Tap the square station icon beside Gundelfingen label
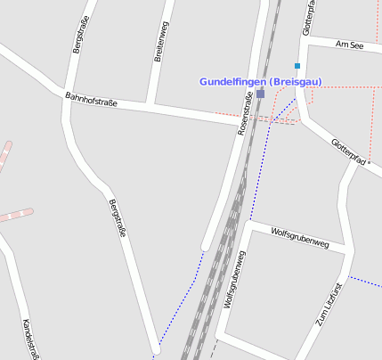260,93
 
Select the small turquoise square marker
297,66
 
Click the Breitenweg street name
162,42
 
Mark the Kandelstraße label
30,340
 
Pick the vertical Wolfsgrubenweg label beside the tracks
235,278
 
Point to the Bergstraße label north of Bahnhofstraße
79,37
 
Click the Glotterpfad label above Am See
308,18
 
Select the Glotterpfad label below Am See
348,151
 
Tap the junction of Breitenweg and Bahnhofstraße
151,106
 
